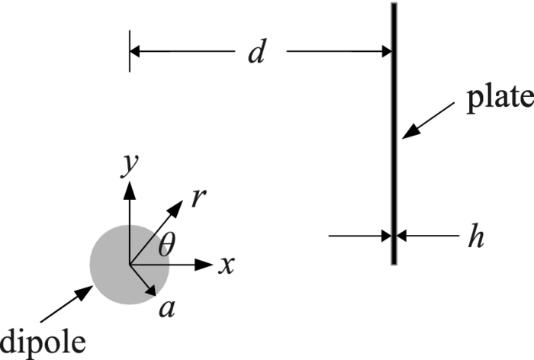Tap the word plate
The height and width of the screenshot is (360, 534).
[x=499, y=98]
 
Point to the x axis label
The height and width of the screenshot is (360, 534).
[x=225, y=265]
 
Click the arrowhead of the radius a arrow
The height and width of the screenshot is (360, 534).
[x=153, y=290]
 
